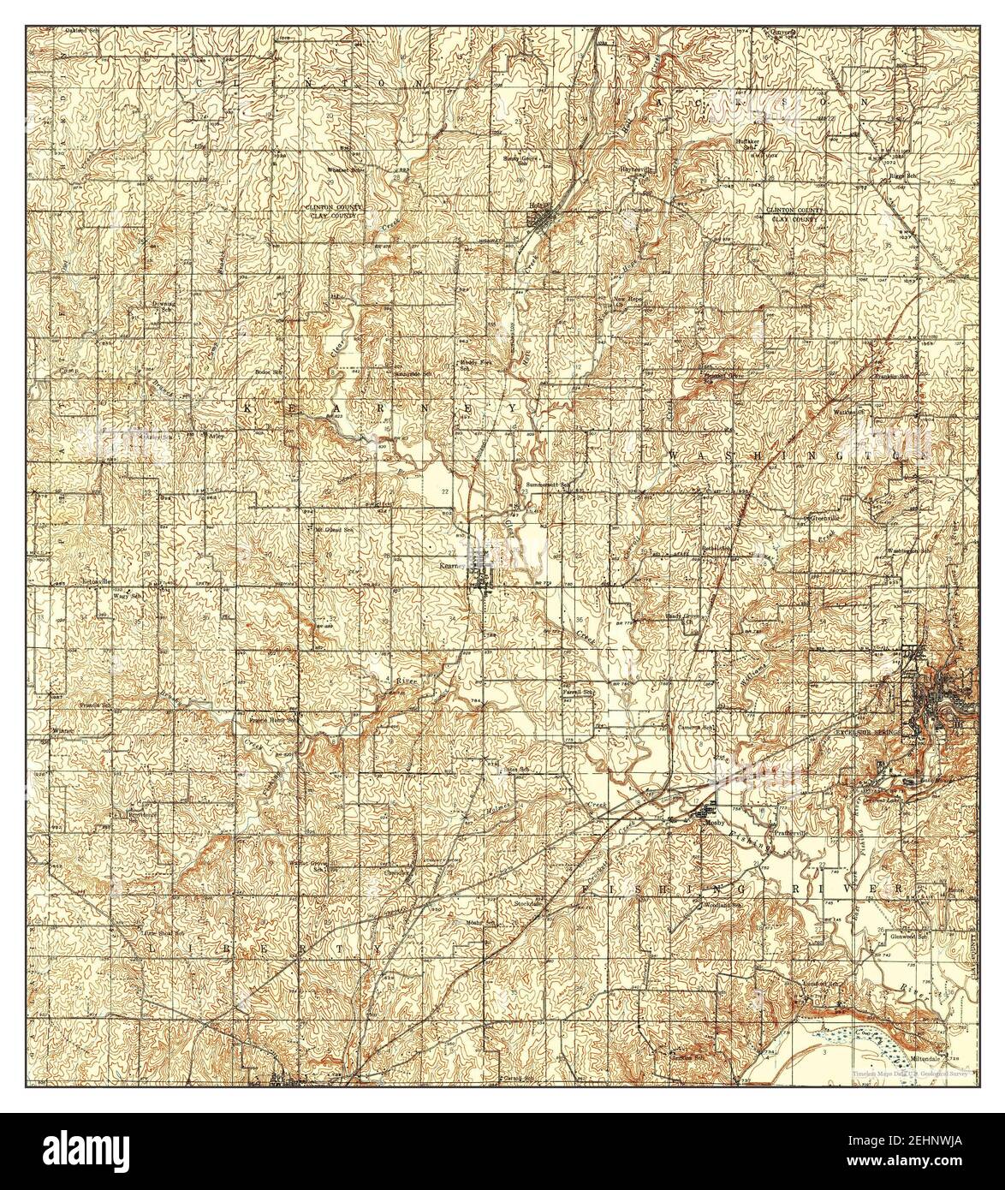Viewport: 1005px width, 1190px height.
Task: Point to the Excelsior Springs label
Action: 870,733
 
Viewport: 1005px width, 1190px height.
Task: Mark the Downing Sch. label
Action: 164,306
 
